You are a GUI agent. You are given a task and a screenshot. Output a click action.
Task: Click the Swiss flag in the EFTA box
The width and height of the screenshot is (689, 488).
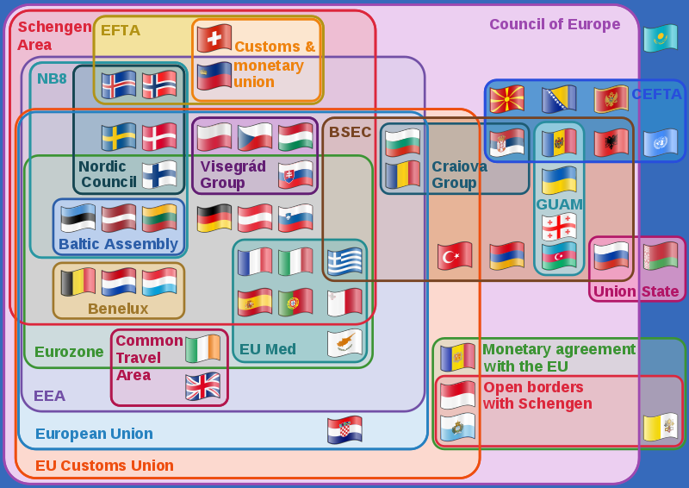[x=214, y=38]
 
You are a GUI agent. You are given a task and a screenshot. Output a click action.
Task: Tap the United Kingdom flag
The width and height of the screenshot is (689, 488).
[x=203, y=386]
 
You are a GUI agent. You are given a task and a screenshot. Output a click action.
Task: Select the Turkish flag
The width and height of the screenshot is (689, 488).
[x=455, y=254]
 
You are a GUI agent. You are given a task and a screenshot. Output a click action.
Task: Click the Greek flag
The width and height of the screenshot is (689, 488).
[x=344, y=260]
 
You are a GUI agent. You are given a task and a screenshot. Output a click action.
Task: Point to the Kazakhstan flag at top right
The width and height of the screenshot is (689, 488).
[x=660, y=38]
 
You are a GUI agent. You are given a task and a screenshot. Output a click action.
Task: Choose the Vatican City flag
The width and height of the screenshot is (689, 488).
[x=660, y=427]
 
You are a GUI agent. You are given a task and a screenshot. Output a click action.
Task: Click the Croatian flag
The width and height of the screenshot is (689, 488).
[x=344, y=429]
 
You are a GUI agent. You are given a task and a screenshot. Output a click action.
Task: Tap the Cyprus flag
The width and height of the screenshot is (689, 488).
[x=344, y=343]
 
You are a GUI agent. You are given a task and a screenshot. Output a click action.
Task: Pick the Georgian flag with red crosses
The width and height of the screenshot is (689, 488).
[x=559, y=227]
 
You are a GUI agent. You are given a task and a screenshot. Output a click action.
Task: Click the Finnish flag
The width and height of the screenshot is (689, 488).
[x=159, y=174]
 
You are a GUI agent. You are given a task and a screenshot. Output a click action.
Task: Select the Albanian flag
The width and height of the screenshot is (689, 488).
[x=611, y=142]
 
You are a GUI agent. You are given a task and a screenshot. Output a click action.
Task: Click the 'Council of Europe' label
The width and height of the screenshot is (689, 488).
[x=555, y=24]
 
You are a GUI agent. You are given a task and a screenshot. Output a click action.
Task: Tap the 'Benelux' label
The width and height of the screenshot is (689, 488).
[x=118, y=309]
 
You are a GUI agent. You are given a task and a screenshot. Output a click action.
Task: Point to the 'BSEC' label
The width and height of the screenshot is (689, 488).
[x=350, y=132]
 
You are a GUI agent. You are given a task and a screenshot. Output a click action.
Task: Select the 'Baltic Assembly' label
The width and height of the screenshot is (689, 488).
[x=118, y=244]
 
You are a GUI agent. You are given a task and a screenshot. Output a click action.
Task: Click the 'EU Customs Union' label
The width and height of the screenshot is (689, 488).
[x=104, y=466]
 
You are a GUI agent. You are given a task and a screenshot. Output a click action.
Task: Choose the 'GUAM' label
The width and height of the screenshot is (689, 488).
[x=559, y=204]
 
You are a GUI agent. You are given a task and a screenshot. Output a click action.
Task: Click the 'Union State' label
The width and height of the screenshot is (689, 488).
[x=636, y=291]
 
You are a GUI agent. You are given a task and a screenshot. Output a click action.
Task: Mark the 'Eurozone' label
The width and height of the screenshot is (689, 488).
[x=69, y=352]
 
